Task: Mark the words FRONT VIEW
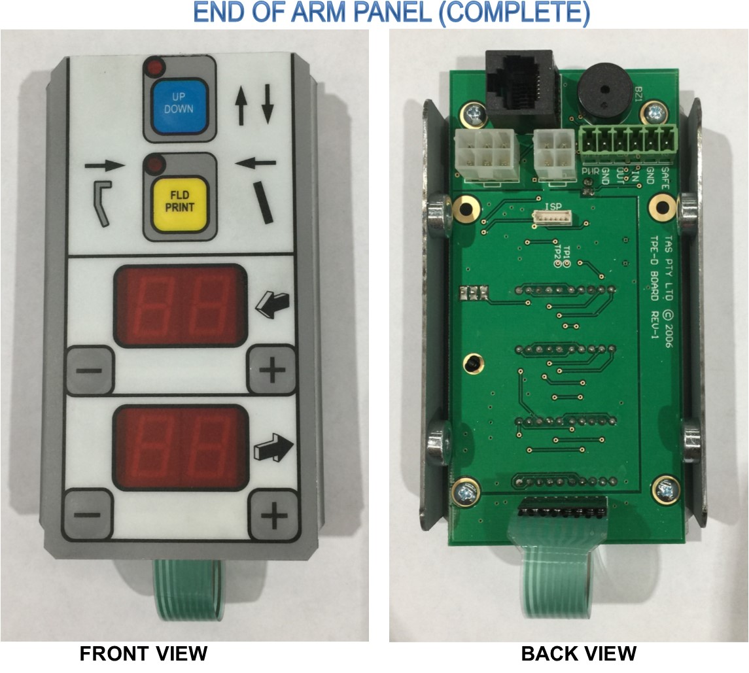tap(143, 653)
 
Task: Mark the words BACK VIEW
tap(578, 653)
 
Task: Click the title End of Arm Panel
tap(392, 13)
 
